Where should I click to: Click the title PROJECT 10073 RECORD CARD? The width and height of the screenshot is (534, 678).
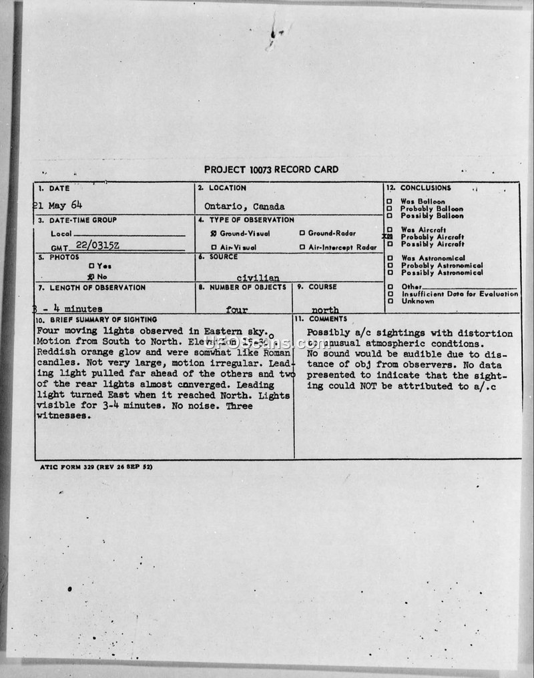tap(271, 169)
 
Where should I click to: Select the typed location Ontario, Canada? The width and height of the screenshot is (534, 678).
tap(245, 206)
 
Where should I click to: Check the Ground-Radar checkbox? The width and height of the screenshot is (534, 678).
tap(302, 234)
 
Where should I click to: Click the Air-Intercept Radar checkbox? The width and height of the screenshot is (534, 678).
tap(302, 248)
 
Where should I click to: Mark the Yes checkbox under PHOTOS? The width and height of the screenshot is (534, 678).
tap(91, 266)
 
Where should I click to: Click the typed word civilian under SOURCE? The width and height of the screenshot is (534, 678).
tap(258, 278)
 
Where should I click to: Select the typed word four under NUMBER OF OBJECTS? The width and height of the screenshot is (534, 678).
tap(237, 310)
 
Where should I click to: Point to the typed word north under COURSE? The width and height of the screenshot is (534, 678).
tap(325, 310)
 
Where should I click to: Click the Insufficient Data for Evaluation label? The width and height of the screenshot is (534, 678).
tap(459, 294)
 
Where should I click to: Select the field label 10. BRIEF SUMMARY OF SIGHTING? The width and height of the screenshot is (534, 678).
tap(97, 320)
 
